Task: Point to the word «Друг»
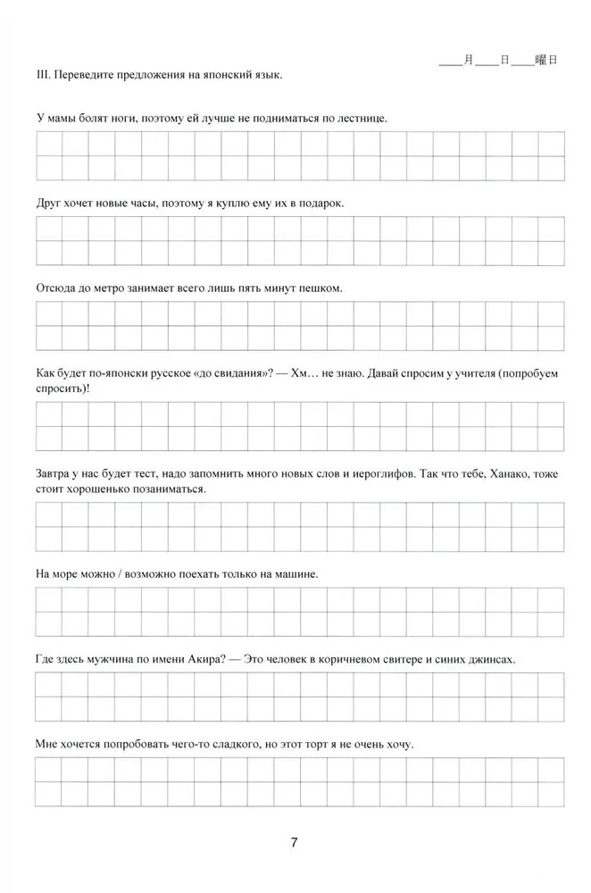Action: click(49, 203)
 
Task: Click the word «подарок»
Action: click(320, 203)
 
